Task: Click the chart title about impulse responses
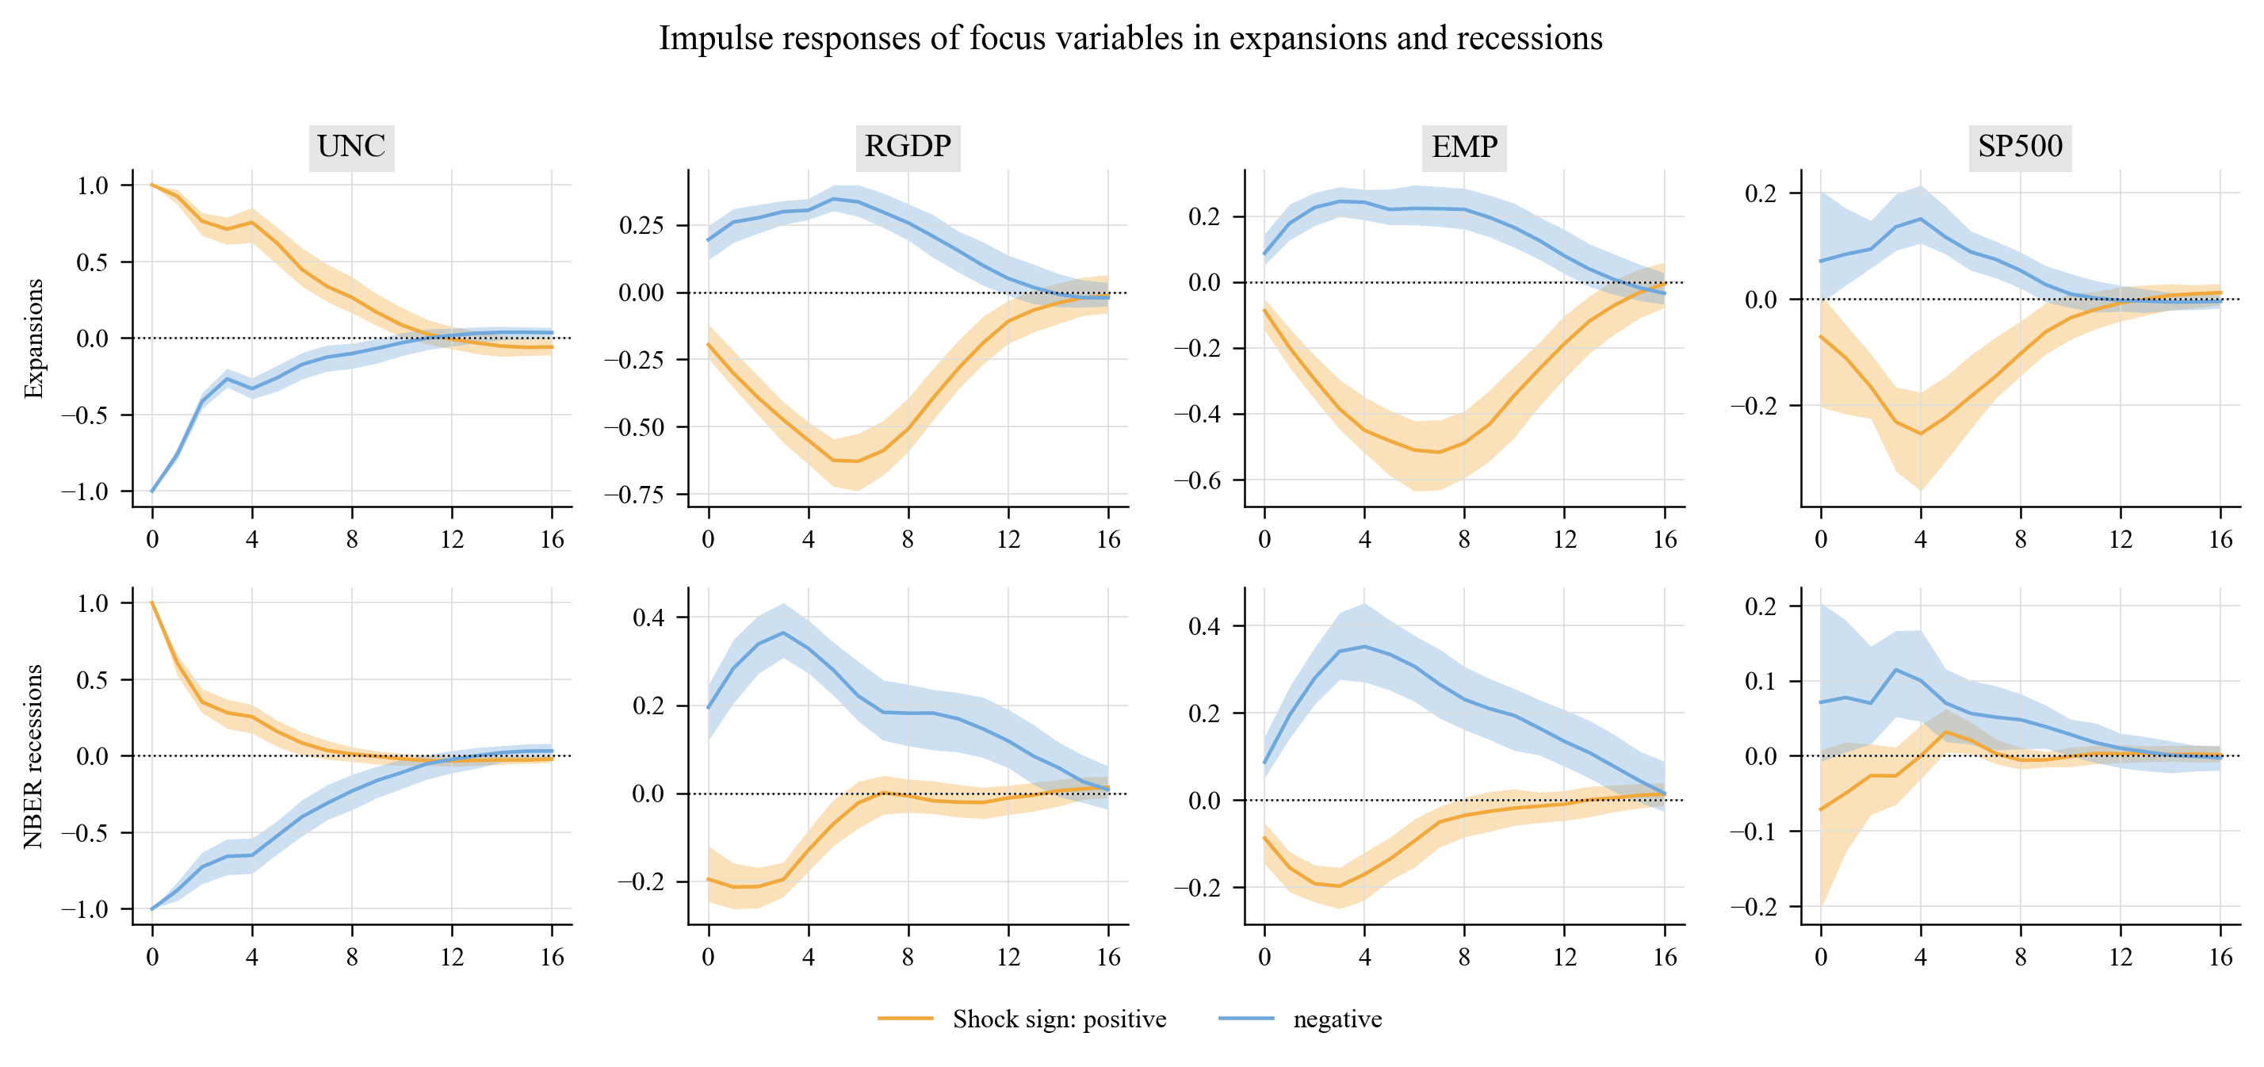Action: tap(1131, 38)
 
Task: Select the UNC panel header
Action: tap(351, 146)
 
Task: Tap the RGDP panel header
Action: tap(908, 146)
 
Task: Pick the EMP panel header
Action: tap(1464, 146)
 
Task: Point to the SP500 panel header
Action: tap(2020, 146)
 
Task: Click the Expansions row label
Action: tap(33, 338)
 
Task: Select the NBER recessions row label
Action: tap(33, 756)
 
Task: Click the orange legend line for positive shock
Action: tap(905, 1019)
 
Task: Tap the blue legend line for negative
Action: tap(1246, 1019)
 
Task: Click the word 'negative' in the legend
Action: tap(1337, 1019)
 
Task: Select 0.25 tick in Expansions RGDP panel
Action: tap(641, 225)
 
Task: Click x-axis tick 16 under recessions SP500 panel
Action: tap(2221, 957)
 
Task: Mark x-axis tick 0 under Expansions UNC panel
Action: tap(152, 540)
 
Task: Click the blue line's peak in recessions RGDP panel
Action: tap(783, 633)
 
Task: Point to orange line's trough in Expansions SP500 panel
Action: tap(1920, 434)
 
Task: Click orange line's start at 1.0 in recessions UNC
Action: tap(152, 603)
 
